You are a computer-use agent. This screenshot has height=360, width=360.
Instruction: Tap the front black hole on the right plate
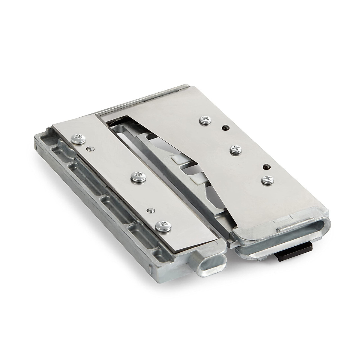coord(265,166)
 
